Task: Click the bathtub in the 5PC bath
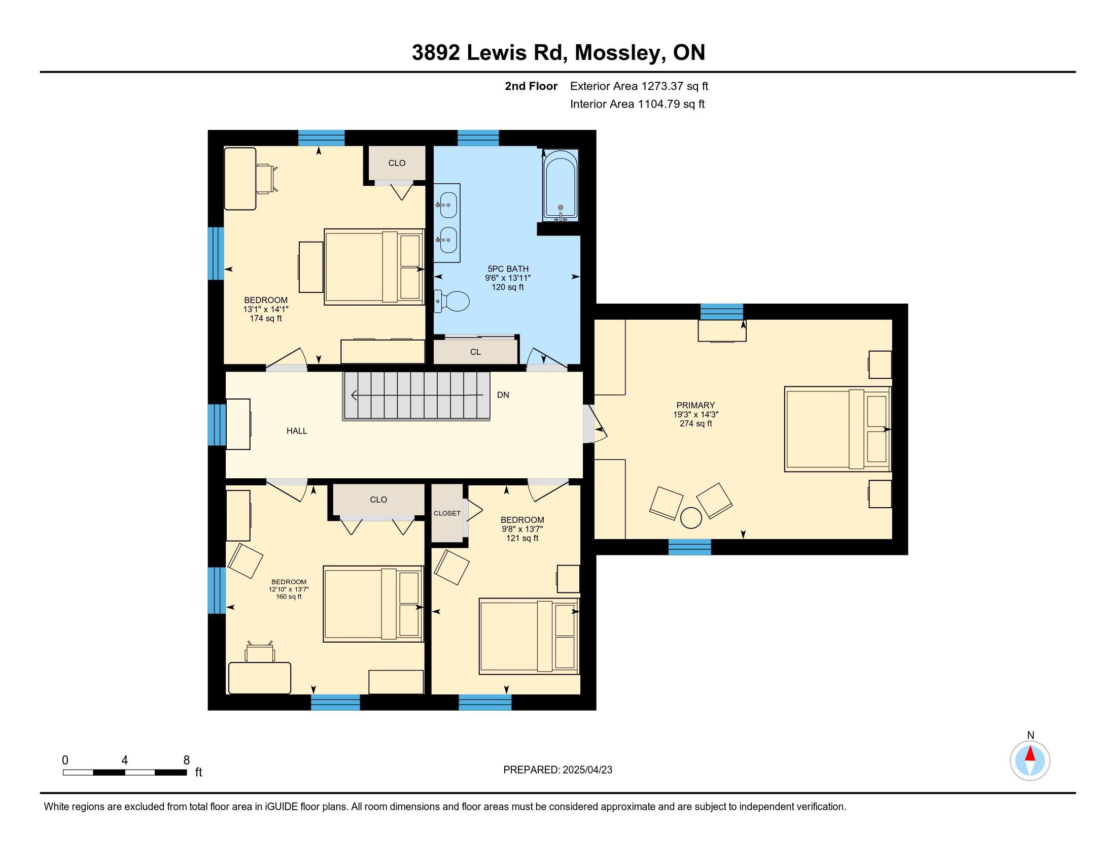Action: pos(561,186)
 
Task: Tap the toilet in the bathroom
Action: pos(451,301)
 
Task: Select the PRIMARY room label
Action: pos(695,406)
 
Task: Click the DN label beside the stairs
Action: pos(503,395)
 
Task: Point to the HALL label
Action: pos(297,431)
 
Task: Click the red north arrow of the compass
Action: pos(1030,754)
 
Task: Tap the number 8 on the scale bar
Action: pos(187,760)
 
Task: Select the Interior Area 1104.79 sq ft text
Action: pos(637,104)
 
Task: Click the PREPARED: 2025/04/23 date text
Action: pos(557,770)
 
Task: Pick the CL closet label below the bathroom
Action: pos(475,352)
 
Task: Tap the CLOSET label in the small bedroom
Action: pos(447,513)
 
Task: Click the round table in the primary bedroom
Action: pos(691,518)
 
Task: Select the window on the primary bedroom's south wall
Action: pos(690,547)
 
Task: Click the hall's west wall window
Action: pos(217,425)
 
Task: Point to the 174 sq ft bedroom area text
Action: pos(266,318)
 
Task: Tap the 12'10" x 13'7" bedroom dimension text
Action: pos(289,589)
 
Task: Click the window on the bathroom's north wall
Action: pos(478,139)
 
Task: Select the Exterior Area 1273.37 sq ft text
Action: pos(639,86)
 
